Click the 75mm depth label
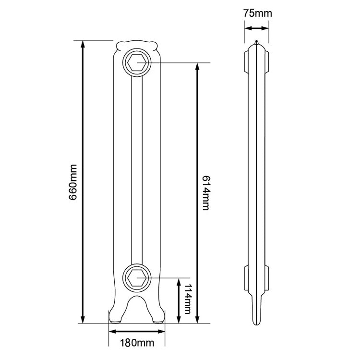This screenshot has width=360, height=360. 257,13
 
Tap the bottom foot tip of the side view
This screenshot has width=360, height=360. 257,323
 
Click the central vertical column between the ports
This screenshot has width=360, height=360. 137,168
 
